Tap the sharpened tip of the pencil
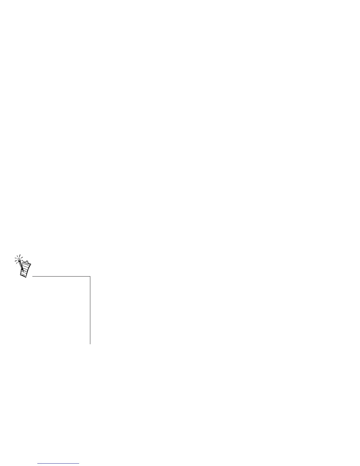(24, 272)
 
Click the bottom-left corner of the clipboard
(20, 275)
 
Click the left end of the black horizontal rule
(33, 277)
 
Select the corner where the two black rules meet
(90, 277)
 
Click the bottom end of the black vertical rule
(90, 344)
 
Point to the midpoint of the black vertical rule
(90, 310)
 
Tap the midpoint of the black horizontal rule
(61, 277)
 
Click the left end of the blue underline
(38, 464)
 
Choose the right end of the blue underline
(79, 464)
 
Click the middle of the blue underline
(59, 464)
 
